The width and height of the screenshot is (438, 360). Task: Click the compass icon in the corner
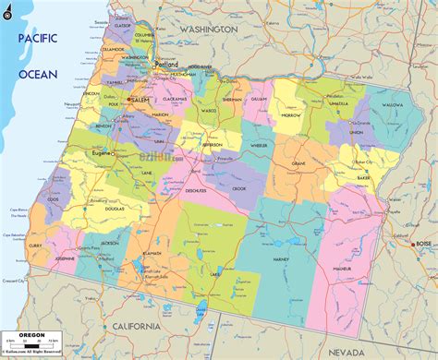click(9, 9)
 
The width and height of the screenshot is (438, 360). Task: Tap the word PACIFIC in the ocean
click(37, 40)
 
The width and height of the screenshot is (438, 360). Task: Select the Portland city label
click(166, 66)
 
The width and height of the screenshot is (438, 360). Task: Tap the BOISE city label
click(423, 244)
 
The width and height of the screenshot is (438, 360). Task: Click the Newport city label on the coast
click(70, 105)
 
